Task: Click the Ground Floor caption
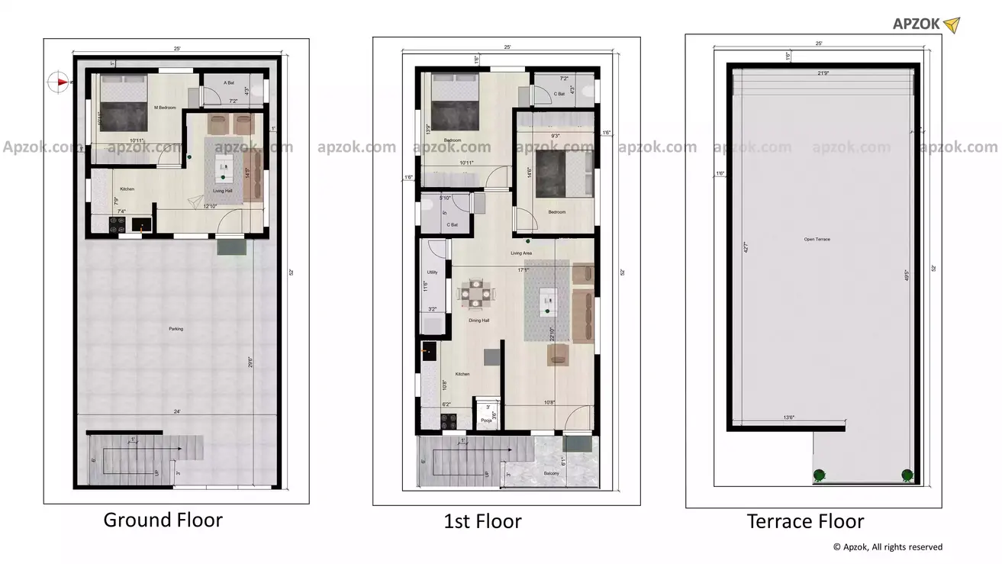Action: tap(163, 520)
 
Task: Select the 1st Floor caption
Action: tap(482, 522)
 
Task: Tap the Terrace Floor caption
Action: tap(805, 522)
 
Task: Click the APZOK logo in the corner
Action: tap(926, 24)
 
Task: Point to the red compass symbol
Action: tap(58, 80)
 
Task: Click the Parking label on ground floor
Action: tap(176, 329)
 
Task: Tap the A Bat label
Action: tap(228, 82)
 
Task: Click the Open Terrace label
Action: tap(817, 240)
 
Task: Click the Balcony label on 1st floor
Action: tap(551, 474)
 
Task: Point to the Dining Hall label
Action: tap(478, 321)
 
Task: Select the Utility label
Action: tap(432, 272)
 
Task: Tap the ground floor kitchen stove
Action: tap(118, 224)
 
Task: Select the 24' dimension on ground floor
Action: tap(177, 412)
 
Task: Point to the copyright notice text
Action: tap(888, 547)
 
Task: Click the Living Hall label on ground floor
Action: tap(223, 192)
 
